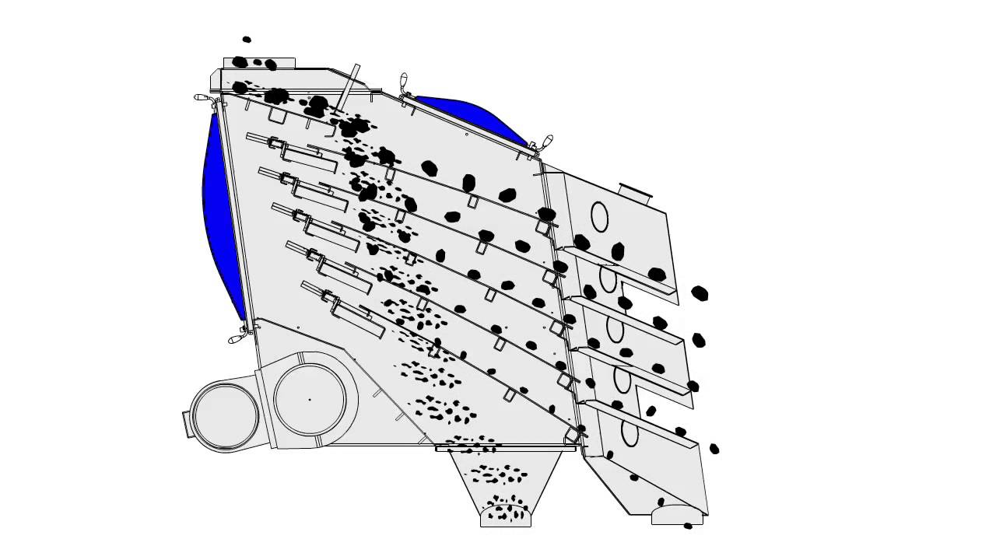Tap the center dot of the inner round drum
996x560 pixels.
click(x=310, y=400)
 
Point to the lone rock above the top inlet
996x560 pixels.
click(x=247, y=39)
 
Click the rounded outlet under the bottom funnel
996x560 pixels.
click(x=506, y=516)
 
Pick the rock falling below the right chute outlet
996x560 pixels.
click(x=688, y=527)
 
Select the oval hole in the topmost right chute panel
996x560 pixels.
click(x=599, y=217)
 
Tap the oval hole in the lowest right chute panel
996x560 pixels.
click(x=630, y=432)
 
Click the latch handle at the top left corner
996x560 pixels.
click(x=202, y=97)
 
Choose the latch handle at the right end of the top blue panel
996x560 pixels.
click(x=547, y=141)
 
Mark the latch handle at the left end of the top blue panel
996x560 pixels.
click(x=403, y=81)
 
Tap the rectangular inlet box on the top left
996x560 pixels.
click(x=259, y=63)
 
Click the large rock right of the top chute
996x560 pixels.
click(x=700, y=293)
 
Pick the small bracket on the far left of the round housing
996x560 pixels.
click(x=188, y=424)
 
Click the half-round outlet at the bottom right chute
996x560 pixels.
click(x=677, y=516)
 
